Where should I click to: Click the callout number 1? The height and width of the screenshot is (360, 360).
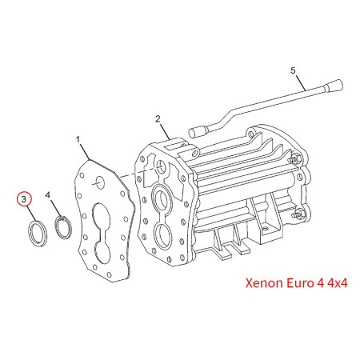(78, 140)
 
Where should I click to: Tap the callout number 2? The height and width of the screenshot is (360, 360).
(159, 119)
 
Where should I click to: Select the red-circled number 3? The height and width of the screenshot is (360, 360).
(26, 198)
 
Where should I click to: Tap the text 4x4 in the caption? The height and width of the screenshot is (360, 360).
(335, 282)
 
